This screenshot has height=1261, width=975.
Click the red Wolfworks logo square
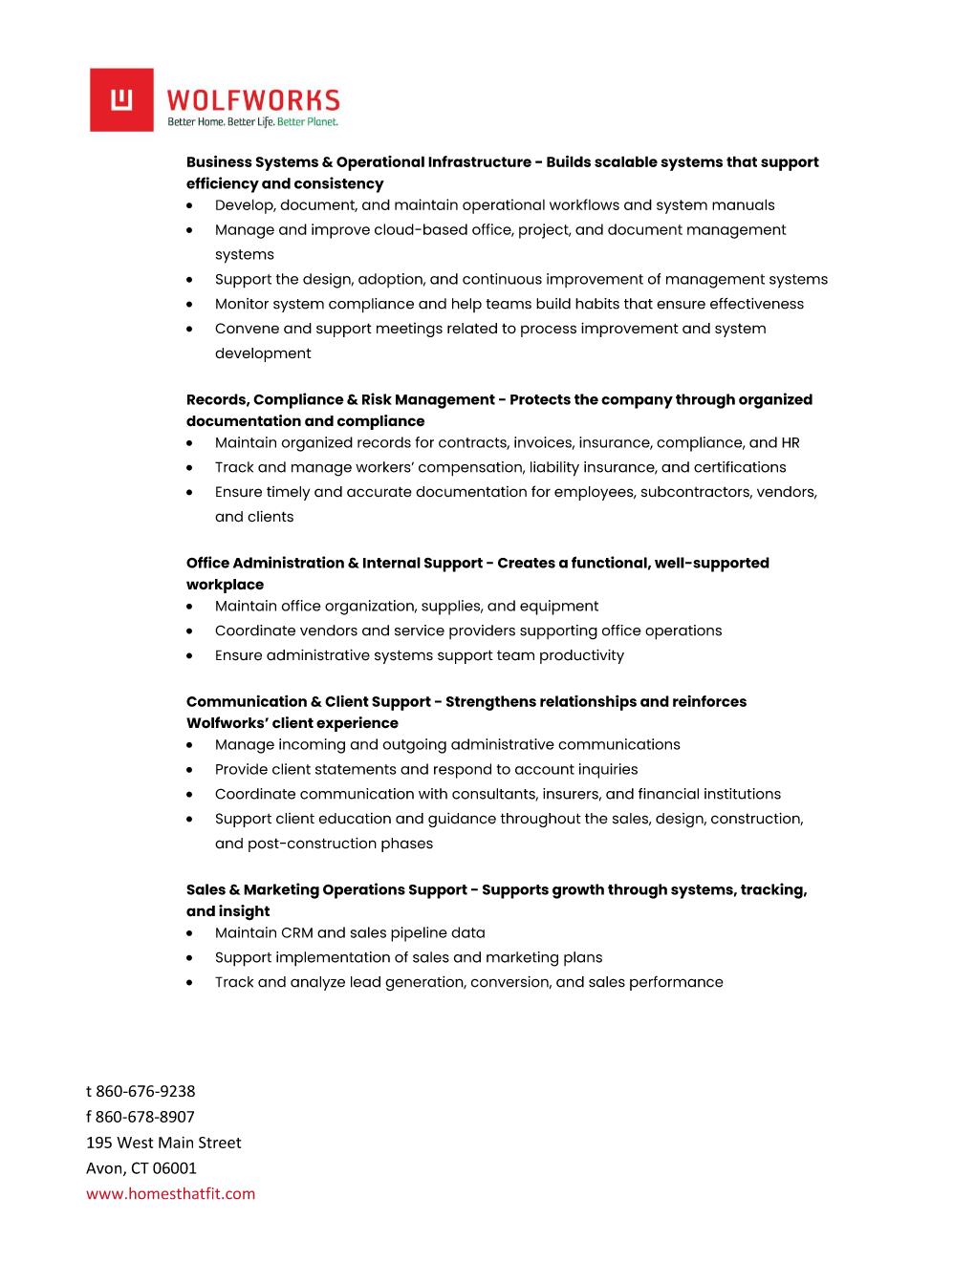point(121,99)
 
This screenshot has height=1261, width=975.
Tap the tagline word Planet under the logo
point(321,122)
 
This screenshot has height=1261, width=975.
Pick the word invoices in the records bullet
point(545,443)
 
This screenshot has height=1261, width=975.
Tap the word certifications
point(740,468)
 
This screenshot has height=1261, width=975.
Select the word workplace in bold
point(225,585)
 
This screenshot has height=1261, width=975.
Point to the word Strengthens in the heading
point(489,702)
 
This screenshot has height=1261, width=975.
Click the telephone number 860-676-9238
point(145,1092)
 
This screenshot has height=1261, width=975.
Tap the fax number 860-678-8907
point(145,1118)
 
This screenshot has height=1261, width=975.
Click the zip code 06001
point(175,1168)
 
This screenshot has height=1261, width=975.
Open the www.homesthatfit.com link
point(171,1194)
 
